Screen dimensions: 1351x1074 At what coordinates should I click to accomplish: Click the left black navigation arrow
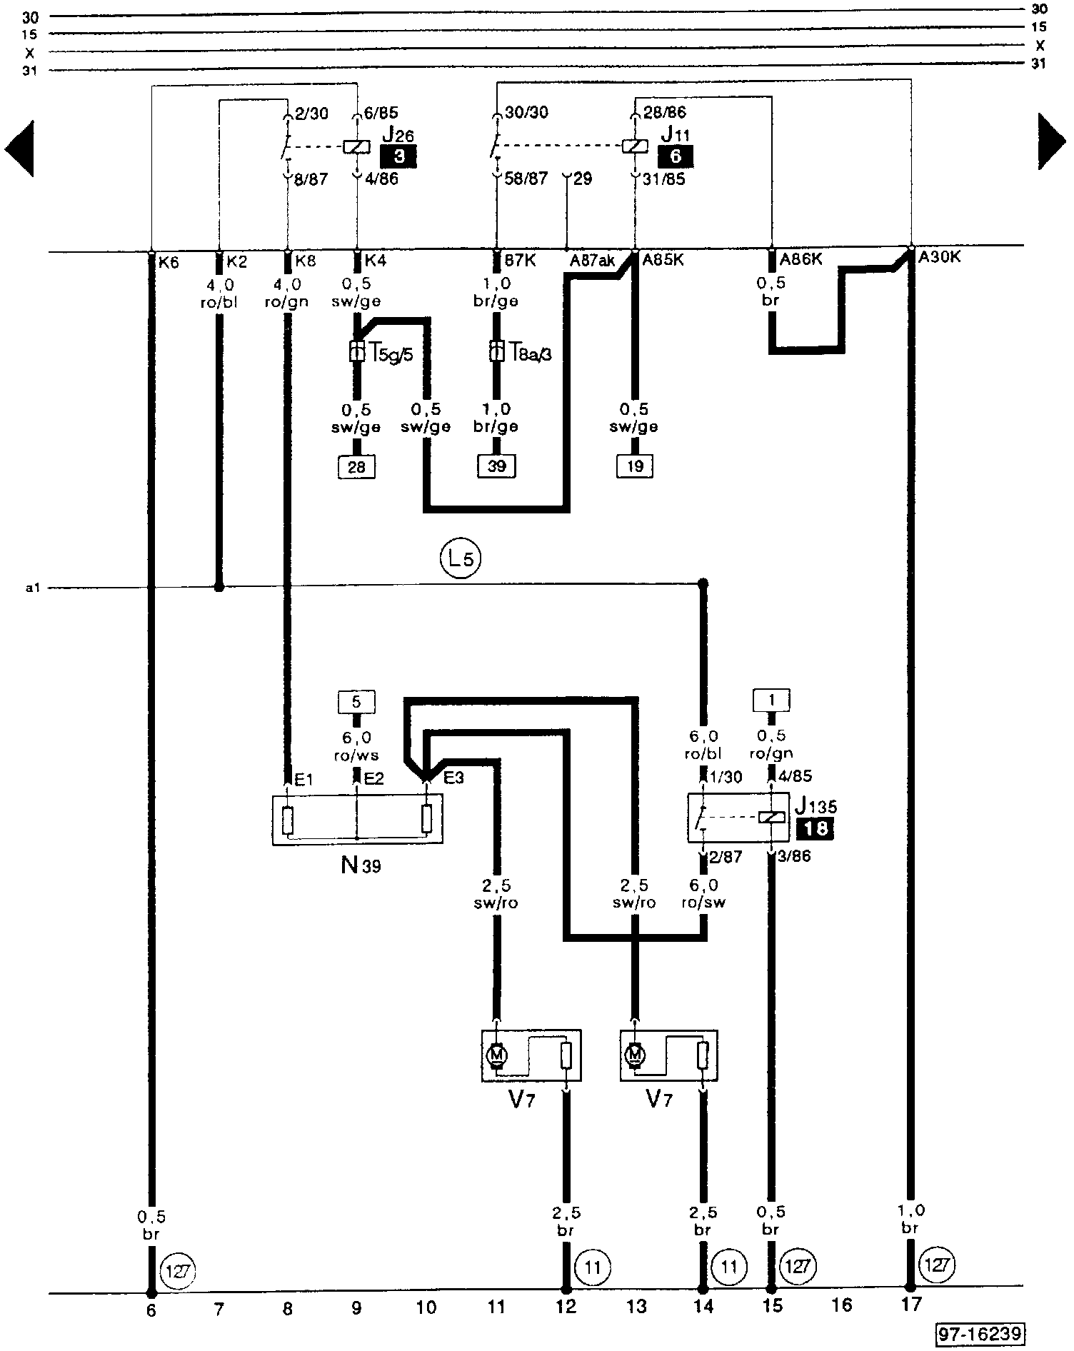(x=20, y=149)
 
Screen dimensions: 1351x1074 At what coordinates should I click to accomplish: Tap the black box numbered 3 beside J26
(x=398, y=156)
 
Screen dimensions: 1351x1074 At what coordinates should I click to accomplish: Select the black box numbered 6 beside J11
(x=675, y=156)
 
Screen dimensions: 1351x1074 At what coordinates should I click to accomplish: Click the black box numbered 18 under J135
(x=815, y=829)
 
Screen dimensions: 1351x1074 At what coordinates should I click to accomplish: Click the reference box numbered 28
(x=356, y=467)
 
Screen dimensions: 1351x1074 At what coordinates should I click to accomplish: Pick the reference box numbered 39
(x=496, y=467)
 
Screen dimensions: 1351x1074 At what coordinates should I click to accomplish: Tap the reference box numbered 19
(x=635, y=467)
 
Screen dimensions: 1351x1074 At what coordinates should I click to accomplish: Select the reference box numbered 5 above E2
(x=356, y=702)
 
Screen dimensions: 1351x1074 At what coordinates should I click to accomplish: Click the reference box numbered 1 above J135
(x=771, y=700)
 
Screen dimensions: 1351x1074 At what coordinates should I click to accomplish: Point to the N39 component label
(x=361, y=866)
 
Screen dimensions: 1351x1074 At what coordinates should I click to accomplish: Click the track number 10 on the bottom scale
(x=426, y=1307)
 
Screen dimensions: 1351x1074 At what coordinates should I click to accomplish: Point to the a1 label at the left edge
(x=31, y=588)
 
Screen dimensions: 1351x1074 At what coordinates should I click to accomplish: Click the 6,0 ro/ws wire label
(x=356, y=746)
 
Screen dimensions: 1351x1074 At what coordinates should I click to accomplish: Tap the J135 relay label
(x=815, y=807)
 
